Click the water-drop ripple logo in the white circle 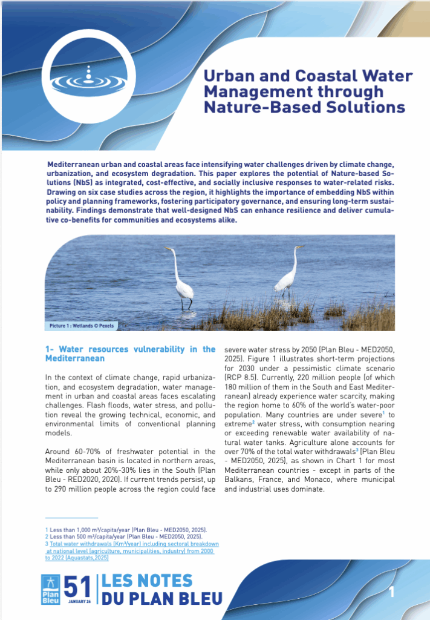(89, 75)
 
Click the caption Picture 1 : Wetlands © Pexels (82, 325)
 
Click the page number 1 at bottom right (391, 592)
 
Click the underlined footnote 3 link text (132, 544)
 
